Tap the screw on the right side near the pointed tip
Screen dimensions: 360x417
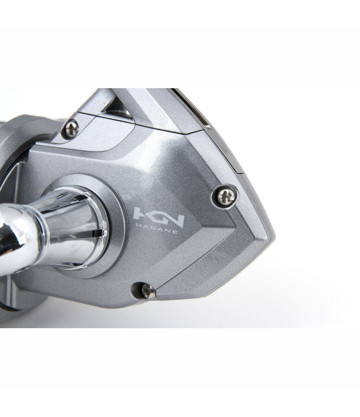point(226,197)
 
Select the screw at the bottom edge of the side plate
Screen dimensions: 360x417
point(148,291)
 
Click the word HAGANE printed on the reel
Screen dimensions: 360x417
point(157,230)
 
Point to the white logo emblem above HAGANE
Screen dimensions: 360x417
point(158,217)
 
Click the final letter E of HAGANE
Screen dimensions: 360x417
point(175,232)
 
